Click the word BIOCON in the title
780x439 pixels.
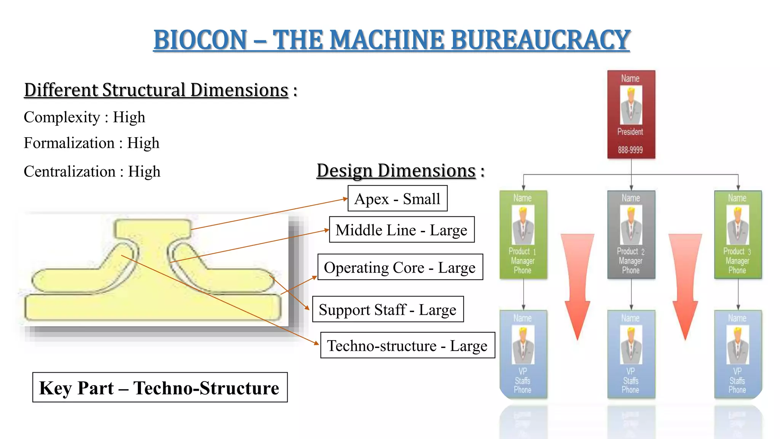[x=200, y=40]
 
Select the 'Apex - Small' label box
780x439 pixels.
[x=397, y=199]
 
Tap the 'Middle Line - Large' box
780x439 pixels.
[x=401, y=230]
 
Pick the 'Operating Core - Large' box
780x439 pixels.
[x=400, y=267]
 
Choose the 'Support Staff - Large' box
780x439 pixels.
[x=388, y=309]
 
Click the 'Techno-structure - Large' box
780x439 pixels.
[x=408, y=346]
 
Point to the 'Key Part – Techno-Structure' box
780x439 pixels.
[x=160, y=388]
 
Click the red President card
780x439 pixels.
[x=631, y=114]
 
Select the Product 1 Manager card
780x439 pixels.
[x=523, y=234]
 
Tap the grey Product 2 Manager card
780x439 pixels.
[x=631, y=234]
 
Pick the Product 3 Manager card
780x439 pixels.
[x=738, y=234]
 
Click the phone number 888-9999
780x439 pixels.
[x=630, y=150]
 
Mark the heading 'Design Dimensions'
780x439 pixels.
[x=396, y=170]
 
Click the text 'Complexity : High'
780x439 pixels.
[x=85, y=117]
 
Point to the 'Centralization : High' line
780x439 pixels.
[x=92, y=171]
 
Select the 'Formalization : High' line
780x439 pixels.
[x=91, y=143]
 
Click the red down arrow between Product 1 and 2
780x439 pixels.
[x=577, y=282]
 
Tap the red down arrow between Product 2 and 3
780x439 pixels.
[x=685, y=282]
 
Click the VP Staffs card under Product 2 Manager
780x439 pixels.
[x=631, y=354]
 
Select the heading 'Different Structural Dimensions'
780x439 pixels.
[x=156, y=90]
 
